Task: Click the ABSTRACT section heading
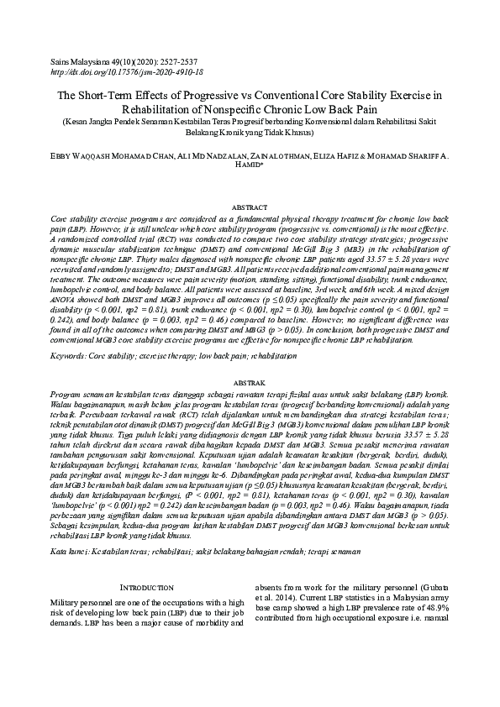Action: [x=250, y=207]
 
